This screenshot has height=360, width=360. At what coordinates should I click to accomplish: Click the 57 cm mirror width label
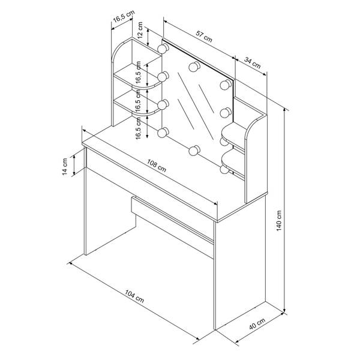(x=204, y=37)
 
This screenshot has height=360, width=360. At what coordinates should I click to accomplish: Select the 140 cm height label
(x=279, y=220)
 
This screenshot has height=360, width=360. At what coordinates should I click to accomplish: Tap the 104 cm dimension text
(x=134, y=296)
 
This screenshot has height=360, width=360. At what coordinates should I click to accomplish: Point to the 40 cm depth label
(x=257, y=323)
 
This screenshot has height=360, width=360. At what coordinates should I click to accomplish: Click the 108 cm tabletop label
(x=157, y=166)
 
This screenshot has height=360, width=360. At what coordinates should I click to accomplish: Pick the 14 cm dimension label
(x=65, y=167)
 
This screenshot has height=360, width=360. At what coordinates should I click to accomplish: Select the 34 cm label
(x=253, y=63)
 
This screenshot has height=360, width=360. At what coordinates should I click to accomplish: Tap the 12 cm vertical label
(x=140, y=30)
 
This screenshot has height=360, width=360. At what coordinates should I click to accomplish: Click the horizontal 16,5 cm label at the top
(x=124, y=17)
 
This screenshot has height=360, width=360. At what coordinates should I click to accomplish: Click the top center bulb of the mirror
(x=194, y=67)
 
